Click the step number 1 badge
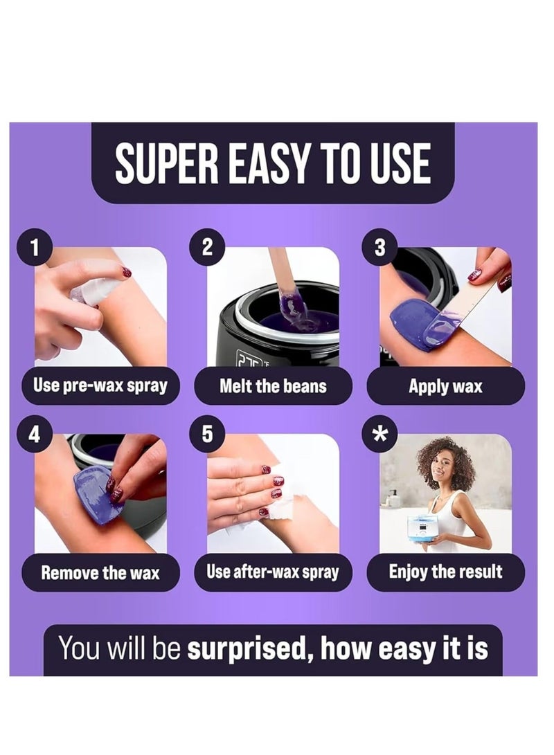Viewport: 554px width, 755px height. [x=34, y=247]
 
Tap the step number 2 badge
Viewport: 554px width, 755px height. [x=207, y=247]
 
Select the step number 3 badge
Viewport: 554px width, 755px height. [x=379, y=247]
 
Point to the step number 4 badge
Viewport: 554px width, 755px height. [x=34, y=434]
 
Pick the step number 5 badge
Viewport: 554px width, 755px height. [x=207, y=434]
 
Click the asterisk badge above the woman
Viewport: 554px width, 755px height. [x=379, y=434]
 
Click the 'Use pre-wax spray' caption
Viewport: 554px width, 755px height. [x=100, y=385]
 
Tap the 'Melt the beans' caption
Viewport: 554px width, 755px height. [x=273, y=385]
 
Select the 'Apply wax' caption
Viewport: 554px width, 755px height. [x=445, y=386]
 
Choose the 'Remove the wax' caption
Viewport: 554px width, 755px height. [x=100, y=572]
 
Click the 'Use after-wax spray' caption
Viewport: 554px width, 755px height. [x=273, y=572]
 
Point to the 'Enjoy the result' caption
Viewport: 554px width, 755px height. [x=445, y=572]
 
